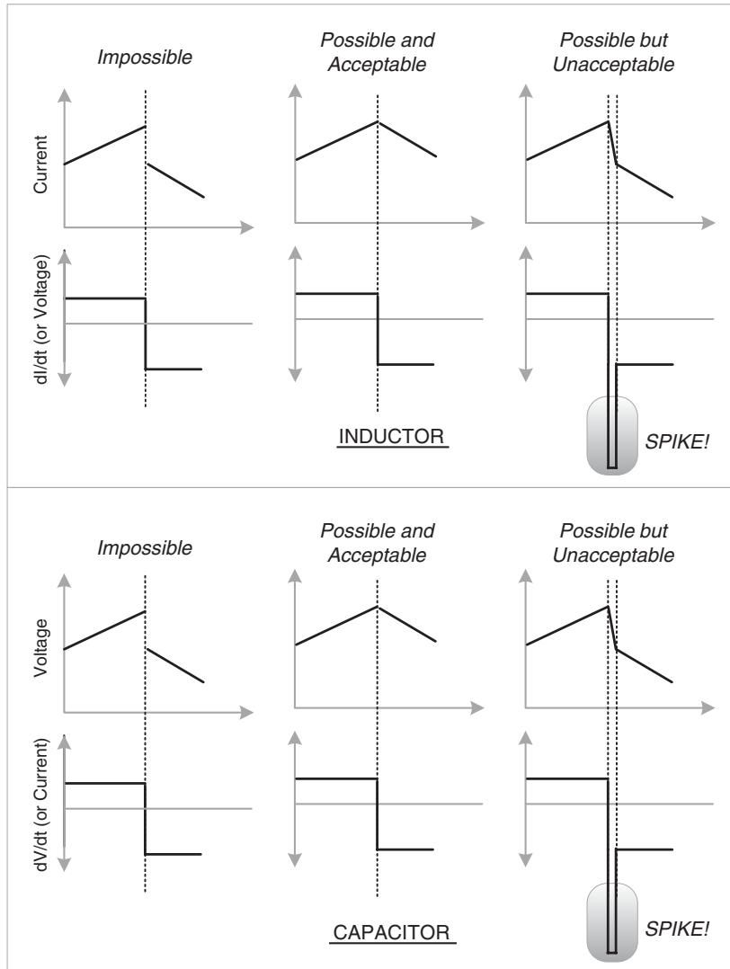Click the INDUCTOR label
(392, 436)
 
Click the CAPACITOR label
(392, 932)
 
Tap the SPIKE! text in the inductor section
(677, 442)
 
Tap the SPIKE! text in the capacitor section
(677, 929)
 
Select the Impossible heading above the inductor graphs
(145, 57)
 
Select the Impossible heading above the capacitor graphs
(145, 547)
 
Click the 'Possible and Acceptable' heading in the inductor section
(377, 52)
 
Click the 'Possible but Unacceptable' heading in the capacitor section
(613, 543)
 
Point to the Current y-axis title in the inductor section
(40, 164)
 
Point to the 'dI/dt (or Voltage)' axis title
(40, 321)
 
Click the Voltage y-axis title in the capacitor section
(40, 647)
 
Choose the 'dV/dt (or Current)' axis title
(40, 805)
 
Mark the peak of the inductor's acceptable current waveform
(377, 121)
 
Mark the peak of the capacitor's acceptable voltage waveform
(377, 606)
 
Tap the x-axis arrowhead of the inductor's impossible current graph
(246, 227)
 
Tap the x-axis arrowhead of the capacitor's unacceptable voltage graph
(708, 707)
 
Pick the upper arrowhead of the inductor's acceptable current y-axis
(296, 91)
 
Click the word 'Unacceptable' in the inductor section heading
(613, 65)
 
